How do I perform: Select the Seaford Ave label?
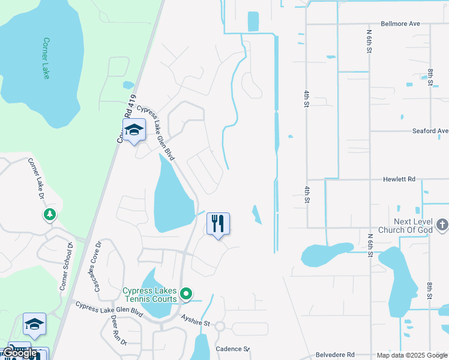pos(430,131)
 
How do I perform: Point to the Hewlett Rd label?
pos(399,179)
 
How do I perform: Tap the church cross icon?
pos(442,225)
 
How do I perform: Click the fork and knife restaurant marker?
pos(218,224)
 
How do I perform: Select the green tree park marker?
pos(49,214)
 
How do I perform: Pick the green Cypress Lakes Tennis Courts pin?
pos(186,294)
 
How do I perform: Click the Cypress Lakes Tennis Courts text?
pos(150,295)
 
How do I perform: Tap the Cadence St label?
pos(232,349)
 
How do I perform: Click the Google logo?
pos(20,353)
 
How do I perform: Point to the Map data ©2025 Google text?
pos(411,355)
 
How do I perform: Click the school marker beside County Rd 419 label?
pos(134,130)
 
